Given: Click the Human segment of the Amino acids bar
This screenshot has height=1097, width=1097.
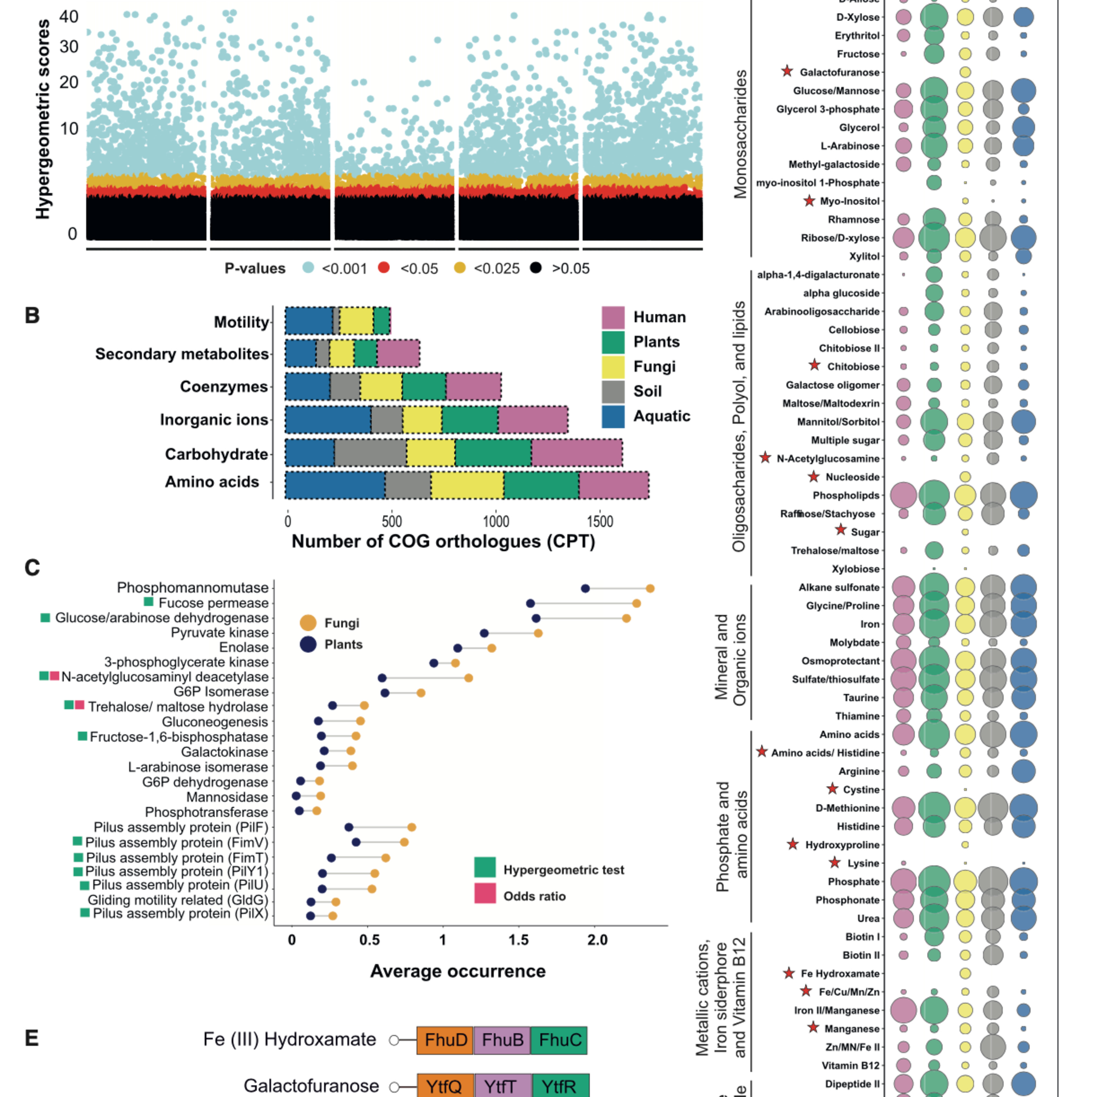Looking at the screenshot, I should click(614, 486).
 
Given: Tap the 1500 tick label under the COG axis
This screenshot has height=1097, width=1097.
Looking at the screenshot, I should click(600, 521).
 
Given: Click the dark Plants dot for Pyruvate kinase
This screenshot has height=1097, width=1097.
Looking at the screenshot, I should click(484, 633).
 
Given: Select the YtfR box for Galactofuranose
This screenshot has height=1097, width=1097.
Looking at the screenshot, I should click(560, 1086).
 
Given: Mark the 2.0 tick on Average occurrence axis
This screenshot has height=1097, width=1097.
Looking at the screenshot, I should click(597, 940).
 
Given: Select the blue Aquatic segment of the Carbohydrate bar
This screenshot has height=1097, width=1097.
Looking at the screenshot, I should click(309, 454).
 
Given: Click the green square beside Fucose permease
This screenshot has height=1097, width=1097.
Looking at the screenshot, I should click(149, 602).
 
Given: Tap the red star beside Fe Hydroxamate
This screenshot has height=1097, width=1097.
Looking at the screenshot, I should click(789, 973).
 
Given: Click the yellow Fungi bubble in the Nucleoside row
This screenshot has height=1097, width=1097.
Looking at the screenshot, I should click(965, 476).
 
